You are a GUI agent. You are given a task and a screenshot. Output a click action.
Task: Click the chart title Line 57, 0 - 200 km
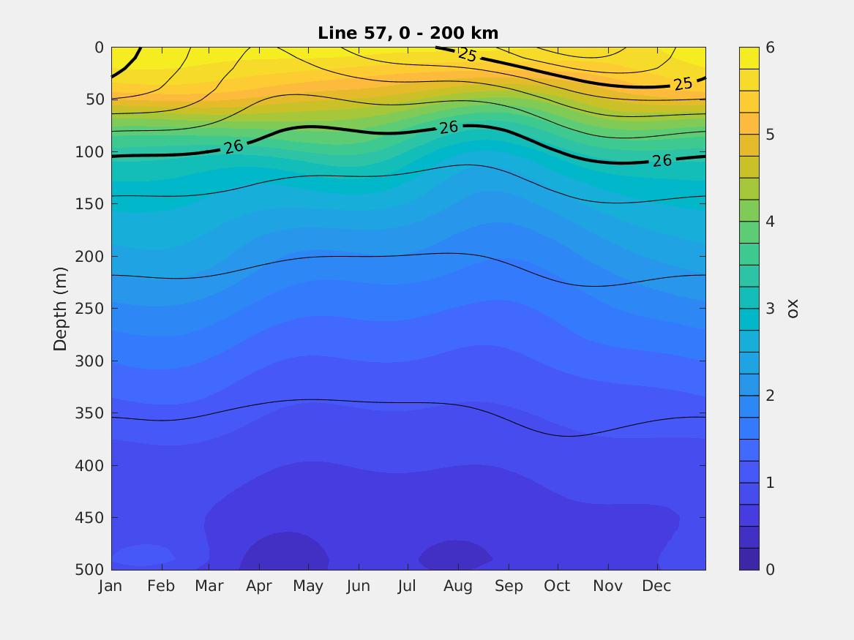(x=408, y=33)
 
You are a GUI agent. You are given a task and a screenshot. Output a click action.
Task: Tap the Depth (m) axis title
(x=60, y=309)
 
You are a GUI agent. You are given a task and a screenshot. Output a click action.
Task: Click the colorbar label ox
(x=793, y=309)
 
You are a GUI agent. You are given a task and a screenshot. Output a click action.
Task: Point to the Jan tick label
(x=111, y=587)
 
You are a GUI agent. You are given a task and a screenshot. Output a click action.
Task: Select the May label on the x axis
(x=308, y=587)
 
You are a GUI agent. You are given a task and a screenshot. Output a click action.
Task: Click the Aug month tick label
(x=458, y=587)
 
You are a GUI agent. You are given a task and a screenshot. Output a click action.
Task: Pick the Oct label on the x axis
(x=558, y=587)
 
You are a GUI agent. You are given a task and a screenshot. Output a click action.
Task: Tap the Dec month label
(x=657, y=587)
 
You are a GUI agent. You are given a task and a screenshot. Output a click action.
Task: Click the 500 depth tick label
(x=89, y=570)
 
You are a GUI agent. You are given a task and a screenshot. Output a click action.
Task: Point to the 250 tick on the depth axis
(x=89, y=309)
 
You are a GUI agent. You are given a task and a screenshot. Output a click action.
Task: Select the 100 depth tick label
(x=89, y=152)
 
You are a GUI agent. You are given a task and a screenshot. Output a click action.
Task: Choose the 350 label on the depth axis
(x=89, y=413)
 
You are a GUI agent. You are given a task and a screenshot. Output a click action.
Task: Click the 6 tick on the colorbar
(x=770, y=48)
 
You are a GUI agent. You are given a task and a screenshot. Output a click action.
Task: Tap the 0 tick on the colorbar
(x=770, y=570)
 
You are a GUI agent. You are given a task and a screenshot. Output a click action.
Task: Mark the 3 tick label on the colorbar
(x=770, y=309)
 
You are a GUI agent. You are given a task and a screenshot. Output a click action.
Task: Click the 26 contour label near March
(x=233, y=147)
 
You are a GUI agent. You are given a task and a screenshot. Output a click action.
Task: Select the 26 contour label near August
(x=449, y=127)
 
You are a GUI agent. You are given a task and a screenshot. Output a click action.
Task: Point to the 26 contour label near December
(x=662, y=160)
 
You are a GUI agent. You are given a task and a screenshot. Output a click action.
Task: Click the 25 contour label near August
(x=467, y=54)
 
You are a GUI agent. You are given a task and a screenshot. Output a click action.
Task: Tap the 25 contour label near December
(x=683, y=84)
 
